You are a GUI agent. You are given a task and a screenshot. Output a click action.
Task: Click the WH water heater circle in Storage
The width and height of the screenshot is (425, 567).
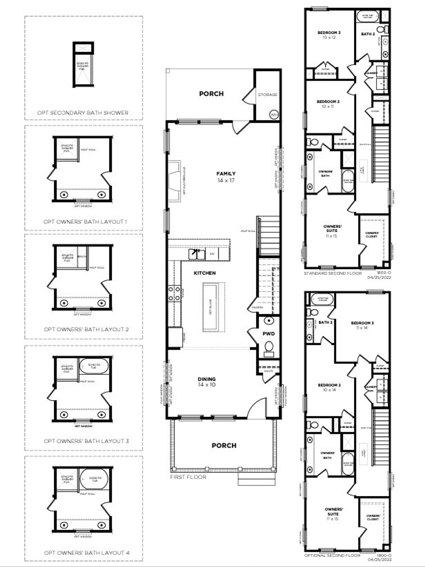coord(274,115)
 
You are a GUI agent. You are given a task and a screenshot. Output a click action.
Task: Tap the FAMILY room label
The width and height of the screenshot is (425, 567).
coord(226,174)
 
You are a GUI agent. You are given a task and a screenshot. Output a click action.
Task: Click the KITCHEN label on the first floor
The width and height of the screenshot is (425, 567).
coord(205,273)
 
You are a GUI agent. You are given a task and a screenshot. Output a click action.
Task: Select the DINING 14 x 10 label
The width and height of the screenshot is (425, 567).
coord(207,382)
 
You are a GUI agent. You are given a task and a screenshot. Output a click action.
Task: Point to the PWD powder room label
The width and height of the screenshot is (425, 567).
coord(269,334)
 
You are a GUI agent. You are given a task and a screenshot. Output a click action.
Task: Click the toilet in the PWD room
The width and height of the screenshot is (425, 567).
coord(269,347)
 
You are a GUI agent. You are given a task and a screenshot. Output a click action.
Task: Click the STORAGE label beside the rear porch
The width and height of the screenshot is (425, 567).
coord(267,95)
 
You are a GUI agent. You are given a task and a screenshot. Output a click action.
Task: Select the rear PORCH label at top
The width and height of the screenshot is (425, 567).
coord(211,94)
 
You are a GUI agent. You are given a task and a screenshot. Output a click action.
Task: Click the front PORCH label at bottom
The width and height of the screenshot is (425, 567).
coord(224,445)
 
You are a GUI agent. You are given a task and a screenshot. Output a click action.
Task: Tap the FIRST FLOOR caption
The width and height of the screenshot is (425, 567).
coord(188,477)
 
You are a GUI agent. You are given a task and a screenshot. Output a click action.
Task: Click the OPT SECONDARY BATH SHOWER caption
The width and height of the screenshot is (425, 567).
coord(83,113)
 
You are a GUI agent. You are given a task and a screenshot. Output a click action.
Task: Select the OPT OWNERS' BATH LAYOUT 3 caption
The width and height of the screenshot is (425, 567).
coord(86,441)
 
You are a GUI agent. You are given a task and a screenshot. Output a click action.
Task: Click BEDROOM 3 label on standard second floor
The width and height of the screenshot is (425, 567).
coord(329,33)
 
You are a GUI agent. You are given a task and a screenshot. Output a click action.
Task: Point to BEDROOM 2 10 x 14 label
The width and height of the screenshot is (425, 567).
coord(329,387)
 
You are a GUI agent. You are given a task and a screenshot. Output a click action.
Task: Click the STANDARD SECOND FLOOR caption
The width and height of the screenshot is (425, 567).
coord(333,273)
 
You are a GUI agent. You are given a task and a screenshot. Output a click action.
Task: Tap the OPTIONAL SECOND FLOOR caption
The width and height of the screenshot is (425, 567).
coord(332,555)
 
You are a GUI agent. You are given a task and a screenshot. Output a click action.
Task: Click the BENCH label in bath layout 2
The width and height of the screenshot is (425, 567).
coord(82,257)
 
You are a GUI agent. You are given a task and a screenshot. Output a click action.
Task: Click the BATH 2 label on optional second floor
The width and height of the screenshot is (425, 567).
coord(325,322)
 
